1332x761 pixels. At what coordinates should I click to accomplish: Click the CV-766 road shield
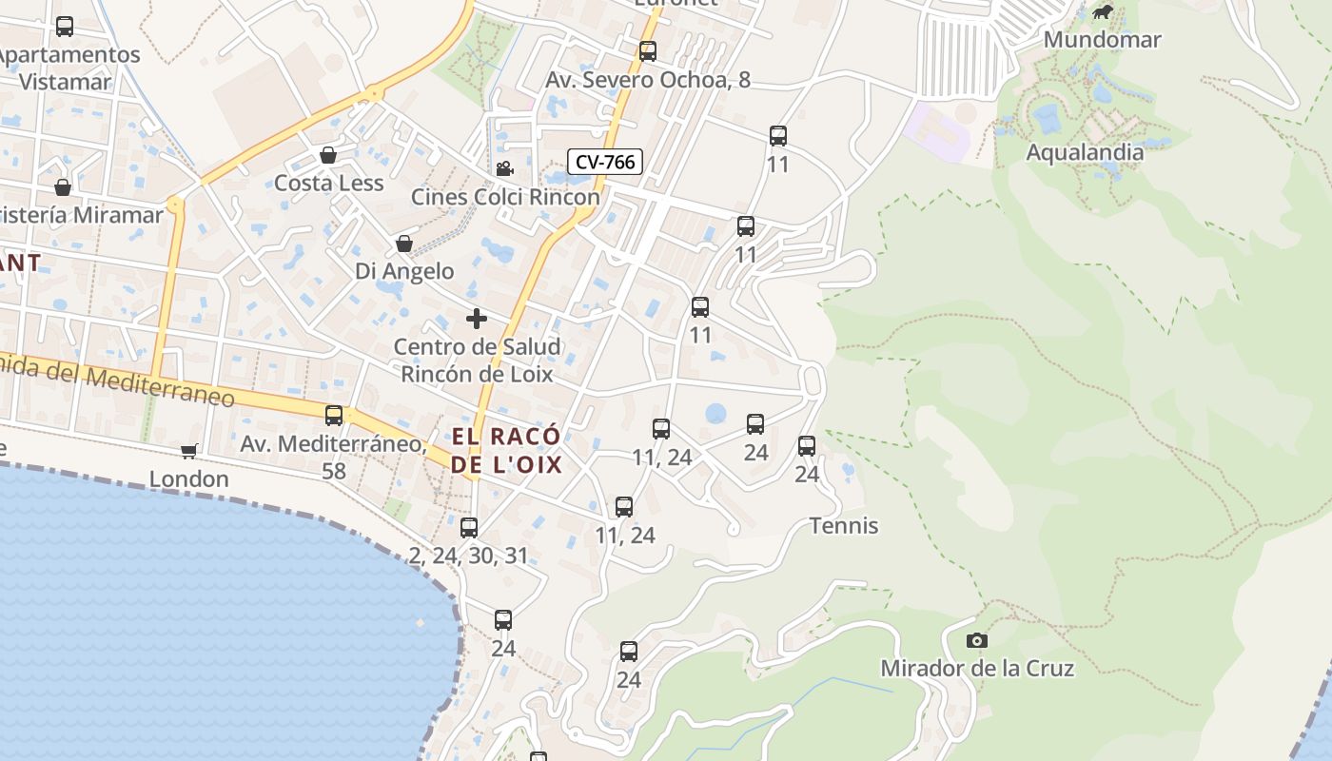[605, 162]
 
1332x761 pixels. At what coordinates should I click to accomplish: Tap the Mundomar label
[1102, 39]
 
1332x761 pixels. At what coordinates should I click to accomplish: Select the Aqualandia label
[1085, 151]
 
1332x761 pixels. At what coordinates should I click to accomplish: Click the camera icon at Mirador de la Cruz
[977, 640]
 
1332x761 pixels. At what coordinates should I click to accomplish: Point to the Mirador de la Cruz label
[977, 668]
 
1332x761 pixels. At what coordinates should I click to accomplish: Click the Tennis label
[844, 525]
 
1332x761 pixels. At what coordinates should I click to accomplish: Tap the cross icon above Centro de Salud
[477, 319]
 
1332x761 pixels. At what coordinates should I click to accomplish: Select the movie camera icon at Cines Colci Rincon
[504, 169]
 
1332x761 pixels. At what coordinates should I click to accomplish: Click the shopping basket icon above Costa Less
[328, 155]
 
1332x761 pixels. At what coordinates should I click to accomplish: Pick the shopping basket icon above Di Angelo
[404, 244]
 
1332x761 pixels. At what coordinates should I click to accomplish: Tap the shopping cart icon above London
[189, 451]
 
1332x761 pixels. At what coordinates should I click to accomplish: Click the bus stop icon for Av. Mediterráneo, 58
[334, 416]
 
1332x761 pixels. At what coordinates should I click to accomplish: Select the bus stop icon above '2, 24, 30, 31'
[469, 528]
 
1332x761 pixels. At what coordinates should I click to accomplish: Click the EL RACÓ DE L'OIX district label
[507, 450]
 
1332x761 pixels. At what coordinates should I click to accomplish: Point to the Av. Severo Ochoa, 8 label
[648, 80]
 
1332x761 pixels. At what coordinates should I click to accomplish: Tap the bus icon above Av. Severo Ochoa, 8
[648, 51]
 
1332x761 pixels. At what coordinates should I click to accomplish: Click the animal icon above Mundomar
[1103, 12]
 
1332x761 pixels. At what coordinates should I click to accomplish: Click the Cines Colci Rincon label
[505, 196]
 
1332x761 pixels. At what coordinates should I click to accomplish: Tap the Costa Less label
[328, 183]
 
